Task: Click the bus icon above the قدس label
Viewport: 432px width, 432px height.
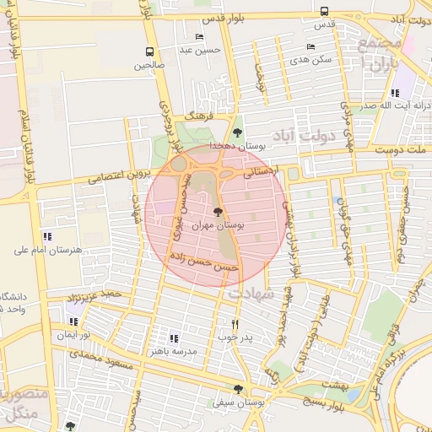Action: click(325, 11)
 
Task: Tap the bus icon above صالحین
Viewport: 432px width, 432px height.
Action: click(149, 51)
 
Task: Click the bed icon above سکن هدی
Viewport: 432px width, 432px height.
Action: click(310, 46)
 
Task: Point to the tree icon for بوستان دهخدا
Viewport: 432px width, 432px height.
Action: click(237, 132)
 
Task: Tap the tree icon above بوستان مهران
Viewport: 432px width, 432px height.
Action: click(219, 213)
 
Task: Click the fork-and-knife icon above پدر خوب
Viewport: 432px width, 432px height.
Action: click(235, 323)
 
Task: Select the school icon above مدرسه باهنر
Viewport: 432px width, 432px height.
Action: click(174, 337)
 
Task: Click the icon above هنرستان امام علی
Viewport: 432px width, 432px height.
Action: click(46, 237)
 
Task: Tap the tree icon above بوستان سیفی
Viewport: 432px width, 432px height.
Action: click(238, 389)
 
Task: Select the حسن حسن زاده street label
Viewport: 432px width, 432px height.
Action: click(206, 263)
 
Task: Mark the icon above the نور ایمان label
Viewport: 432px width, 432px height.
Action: click(74, 321)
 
